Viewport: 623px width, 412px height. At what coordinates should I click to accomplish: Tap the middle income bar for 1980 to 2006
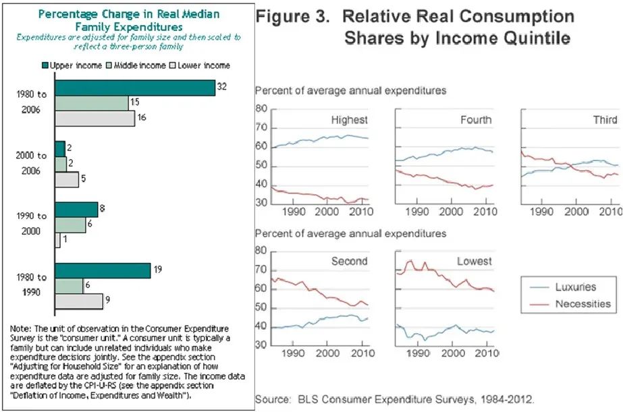[92, 103]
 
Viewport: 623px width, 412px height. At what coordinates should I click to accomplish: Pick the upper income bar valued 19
[103, 270]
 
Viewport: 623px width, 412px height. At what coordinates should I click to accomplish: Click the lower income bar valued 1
[57, 240]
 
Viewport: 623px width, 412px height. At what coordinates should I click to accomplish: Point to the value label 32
[221, 86]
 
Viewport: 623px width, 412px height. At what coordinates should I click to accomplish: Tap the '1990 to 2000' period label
[32, 223]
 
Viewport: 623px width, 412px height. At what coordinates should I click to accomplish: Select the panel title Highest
[349, 120]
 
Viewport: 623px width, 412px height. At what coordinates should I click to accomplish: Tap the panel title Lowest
[475, 261]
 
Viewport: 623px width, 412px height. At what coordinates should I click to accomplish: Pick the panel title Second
[349, 261]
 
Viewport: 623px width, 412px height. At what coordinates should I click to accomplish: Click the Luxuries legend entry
[575, 287]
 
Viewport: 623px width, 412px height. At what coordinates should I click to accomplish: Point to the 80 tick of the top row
[262, 109]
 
